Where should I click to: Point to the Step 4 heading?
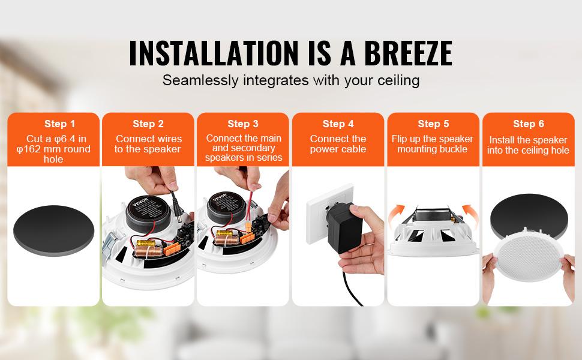click(338, 124)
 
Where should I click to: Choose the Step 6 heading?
click(529, 124)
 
